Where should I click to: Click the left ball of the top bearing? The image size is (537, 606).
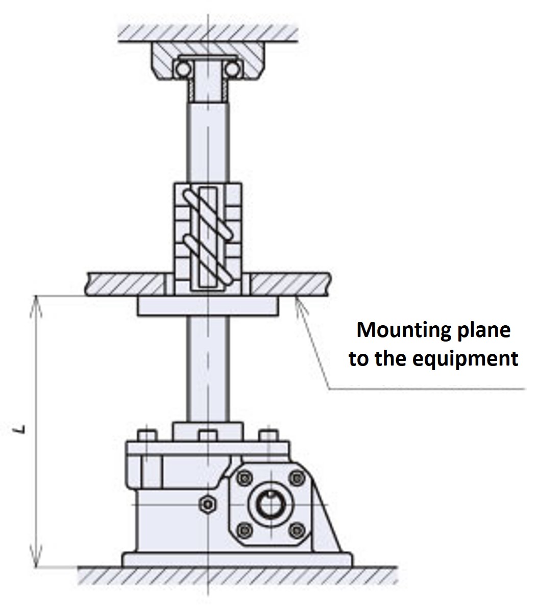(182, 68)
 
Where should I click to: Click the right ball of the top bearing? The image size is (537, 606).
(232, 68)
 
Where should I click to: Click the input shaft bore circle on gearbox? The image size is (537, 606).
(271, 504)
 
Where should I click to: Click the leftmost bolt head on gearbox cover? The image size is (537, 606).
(147, 437)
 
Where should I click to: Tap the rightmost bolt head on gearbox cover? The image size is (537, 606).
(268, 437)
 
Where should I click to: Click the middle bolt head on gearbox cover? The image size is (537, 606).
(207, 437)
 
